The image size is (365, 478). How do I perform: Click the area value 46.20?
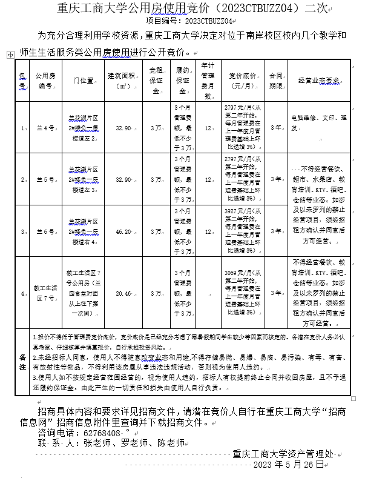click(123, 231)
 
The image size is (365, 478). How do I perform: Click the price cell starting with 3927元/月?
click(241, 231)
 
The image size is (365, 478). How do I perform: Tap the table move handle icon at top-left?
click(8, 55)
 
